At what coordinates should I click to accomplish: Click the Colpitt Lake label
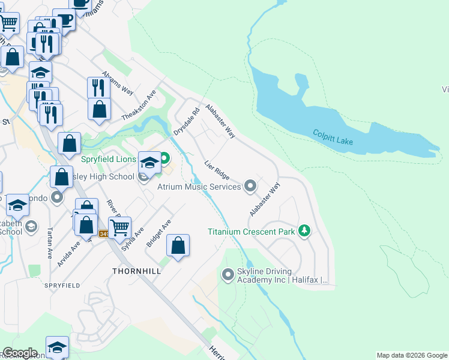[333, 136]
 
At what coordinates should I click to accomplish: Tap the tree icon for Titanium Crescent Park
[305, 231]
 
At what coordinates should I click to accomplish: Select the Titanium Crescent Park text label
[252, 232]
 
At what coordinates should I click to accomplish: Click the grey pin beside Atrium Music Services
[250, 186]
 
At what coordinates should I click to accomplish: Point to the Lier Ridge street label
[217, 170]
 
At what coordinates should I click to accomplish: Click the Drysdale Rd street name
[186, 121]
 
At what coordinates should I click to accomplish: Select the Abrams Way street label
[118, 82]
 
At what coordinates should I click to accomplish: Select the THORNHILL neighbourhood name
[136, 271]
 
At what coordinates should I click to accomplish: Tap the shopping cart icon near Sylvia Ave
[120, 227]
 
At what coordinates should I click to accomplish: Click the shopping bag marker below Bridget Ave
[178, 245]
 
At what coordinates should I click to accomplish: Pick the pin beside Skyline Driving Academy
[228, 275]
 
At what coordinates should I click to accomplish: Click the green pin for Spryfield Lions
[163, 159]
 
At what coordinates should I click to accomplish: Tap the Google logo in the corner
[20, 353]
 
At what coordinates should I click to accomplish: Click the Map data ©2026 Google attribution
[412, 355]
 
